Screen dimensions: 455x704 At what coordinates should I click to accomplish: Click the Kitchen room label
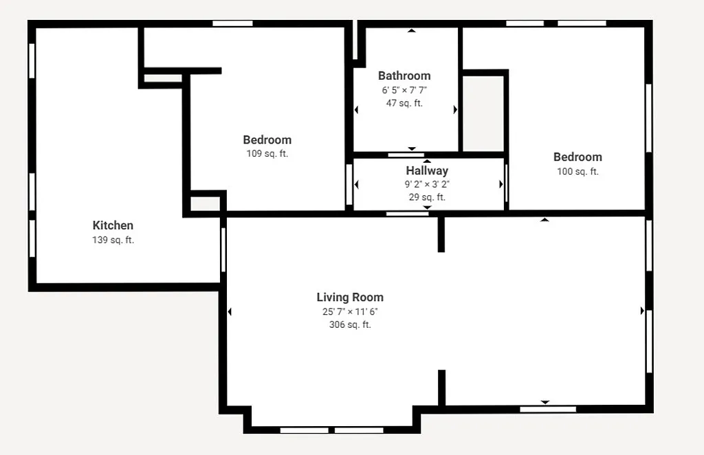coord(113,225)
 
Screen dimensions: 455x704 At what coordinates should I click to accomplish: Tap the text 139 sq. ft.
coord(113,241)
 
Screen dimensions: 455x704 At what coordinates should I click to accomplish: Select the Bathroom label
coord(404,76)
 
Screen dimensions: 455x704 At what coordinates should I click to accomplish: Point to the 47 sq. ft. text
coord(404,104)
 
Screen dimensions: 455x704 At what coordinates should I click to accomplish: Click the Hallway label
coord(427,170)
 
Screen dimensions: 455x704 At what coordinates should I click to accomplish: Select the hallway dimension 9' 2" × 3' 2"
coord(427,184)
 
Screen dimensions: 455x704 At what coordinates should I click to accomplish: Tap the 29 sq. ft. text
coord(427,197)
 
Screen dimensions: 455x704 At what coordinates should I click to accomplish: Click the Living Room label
coord(350,298)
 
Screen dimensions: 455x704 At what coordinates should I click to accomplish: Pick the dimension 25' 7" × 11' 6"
coord(350,311)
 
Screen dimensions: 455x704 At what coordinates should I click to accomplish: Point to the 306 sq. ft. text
coord(350,325)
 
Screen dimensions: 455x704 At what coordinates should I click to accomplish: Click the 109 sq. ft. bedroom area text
coord(267,154)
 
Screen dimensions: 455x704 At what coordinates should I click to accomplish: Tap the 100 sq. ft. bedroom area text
coord(577,172)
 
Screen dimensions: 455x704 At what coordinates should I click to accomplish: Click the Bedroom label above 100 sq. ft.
coord(577,157)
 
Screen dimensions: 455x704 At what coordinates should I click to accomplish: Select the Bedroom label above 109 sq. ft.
coord(267,140)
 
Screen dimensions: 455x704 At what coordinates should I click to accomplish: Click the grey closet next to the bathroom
coord(483,113)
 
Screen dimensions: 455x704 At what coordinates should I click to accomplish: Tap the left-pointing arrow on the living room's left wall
coord(230,312)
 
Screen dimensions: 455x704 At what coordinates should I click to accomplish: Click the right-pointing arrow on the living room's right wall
coord(643,311)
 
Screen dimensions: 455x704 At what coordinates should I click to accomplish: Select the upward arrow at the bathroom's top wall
coord(412,30)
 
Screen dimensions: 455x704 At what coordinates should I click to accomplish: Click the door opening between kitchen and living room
coord(223,249)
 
